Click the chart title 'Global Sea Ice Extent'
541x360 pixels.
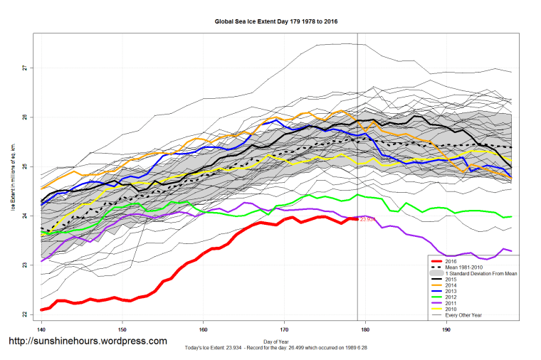coord(275,21)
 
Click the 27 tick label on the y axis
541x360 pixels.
coord(23,68)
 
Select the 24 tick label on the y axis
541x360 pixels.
coord(23,216)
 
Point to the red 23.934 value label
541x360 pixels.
coord(367,220)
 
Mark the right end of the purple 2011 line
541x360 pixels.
coord(512,250)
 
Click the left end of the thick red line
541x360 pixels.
coord(42,309)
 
